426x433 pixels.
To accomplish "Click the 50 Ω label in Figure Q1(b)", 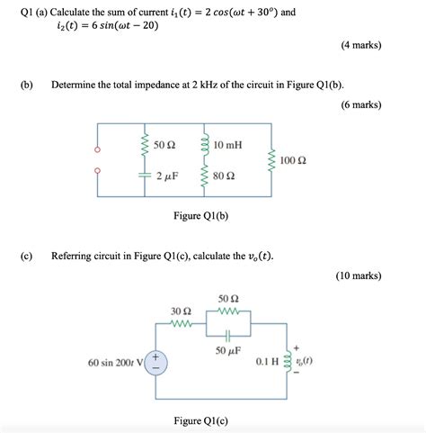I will click(164, 144).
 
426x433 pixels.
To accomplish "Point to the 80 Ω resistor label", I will click(226, 177).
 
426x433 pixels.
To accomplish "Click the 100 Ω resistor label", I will click(294, 160).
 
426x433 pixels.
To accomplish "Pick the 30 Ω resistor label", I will click(182, 311).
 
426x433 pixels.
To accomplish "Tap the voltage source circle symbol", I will click(155, 363).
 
